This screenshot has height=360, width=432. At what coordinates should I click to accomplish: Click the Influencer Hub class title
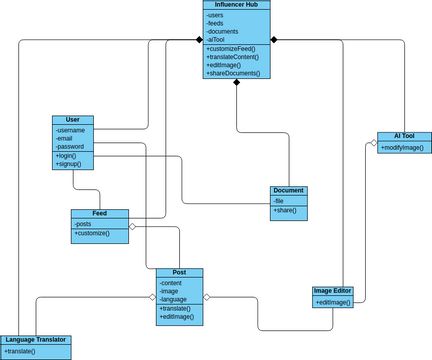click(x=237, y=5)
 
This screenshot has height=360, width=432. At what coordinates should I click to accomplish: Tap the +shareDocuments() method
click(x=233, y=73)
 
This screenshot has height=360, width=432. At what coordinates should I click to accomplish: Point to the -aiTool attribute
click(x=217, y=39)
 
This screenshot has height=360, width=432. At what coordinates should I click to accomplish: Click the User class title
click(x=72, y=120)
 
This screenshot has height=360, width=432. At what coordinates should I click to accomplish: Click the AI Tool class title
click(x=403, y=136)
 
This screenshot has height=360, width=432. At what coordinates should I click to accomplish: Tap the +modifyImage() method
click(x=402, y=147)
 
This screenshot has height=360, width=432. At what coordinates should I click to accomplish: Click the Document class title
click(x=288, y=190)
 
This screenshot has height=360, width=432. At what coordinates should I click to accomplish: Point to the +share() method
click(x=285, y=211)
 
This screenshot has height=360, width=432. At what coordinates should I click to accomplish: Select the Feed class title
click(x=100, y=213)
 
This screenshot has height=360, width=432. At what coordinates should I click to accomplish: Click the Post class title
click(x=179, y=272)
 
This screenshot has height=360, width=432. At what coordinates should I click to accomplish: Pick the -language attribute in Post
click(x=174, y=299)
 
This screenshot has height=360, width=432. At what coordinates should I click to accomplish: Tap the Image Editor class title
click(x=333, y=291)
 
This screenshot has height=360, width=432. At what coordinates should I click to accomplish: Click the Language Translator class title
click(x=35, y=340)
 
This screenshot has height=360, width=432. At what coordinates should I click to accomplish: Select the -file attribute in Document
click(x=279, y=201)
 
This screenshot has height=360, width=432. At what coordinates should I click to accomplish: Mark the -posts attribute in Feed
click(x=83, y=224)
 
